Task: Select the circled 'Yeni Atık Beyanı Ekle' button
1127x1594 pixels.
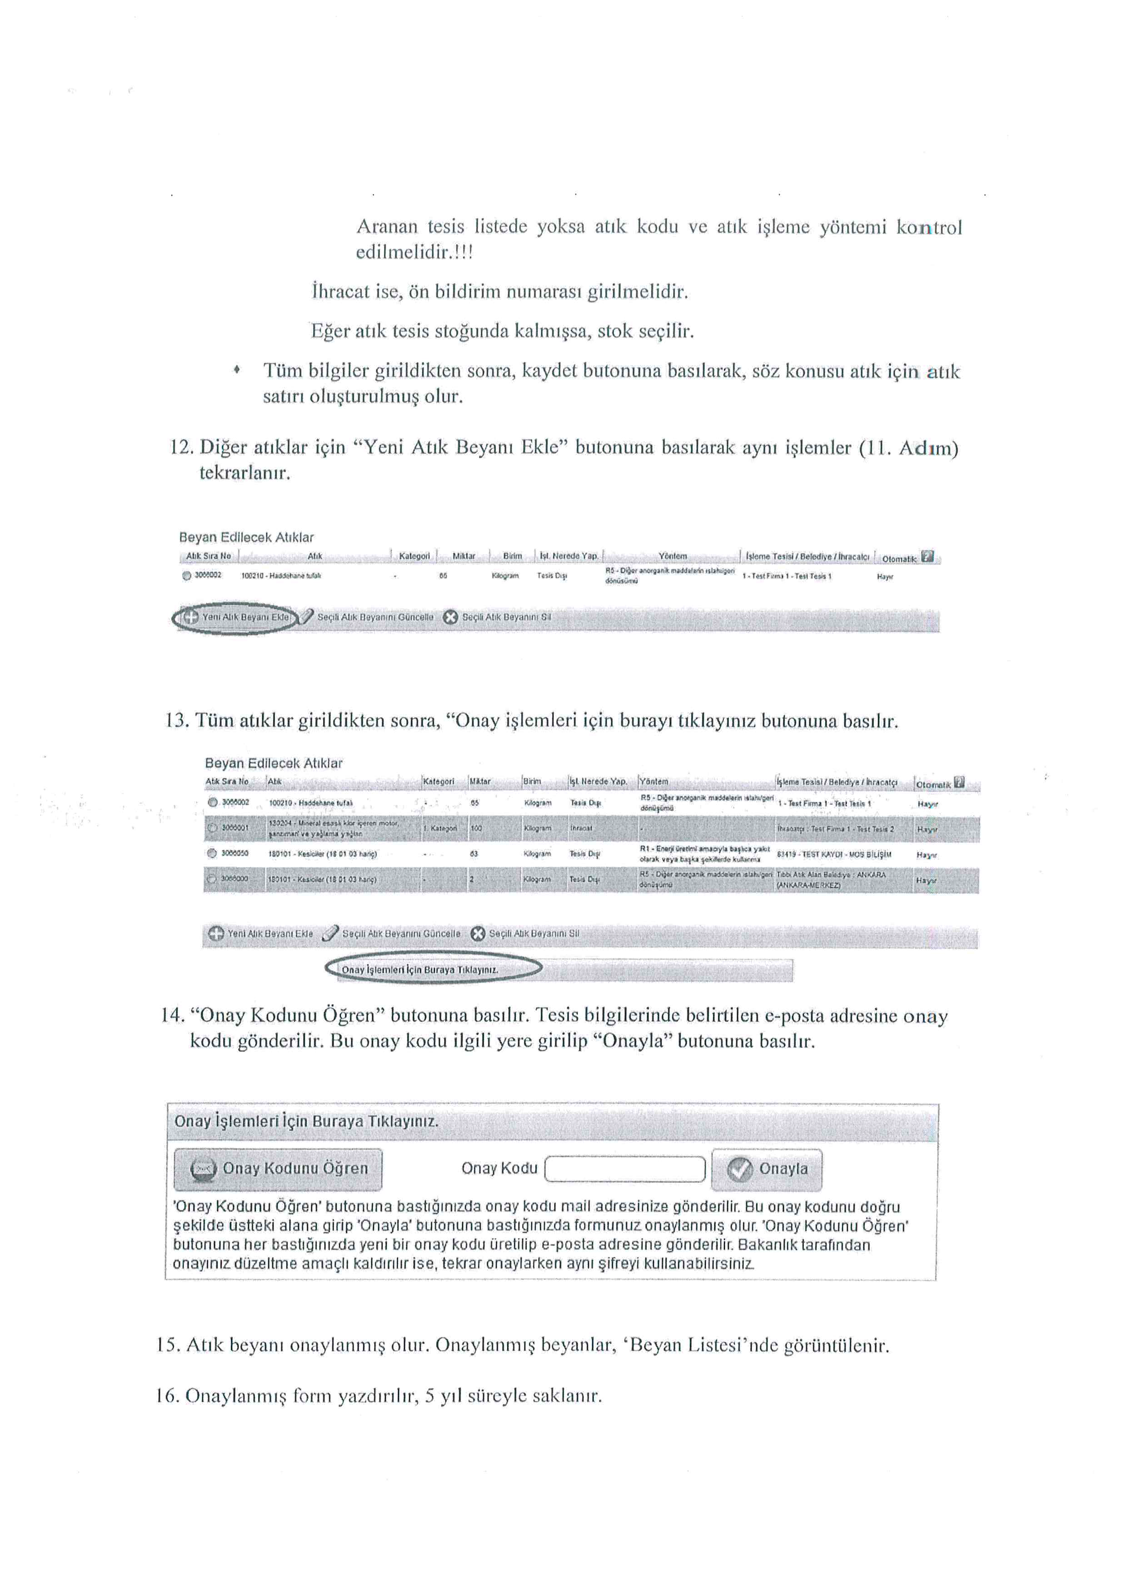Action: (236, 616)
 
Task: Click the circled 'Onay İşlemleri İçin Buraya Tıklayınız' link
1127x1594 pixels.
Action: (420, 969)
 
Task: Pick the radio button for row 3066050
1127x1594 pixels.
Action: (212, 854)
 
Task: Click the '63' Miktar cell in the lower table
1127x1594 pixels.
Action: (474, 854)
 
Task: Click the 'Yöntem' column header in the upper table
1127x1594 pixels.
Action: (673, 556)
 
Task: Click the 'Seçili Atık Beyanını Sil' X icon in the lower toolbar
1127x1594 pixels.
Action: (478, 934)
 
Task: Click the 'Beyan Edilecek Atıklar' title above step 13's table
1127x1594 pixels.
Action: (274, 763)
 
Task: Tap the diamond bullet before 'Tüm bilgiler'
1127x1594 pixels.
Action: (237, 371)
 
